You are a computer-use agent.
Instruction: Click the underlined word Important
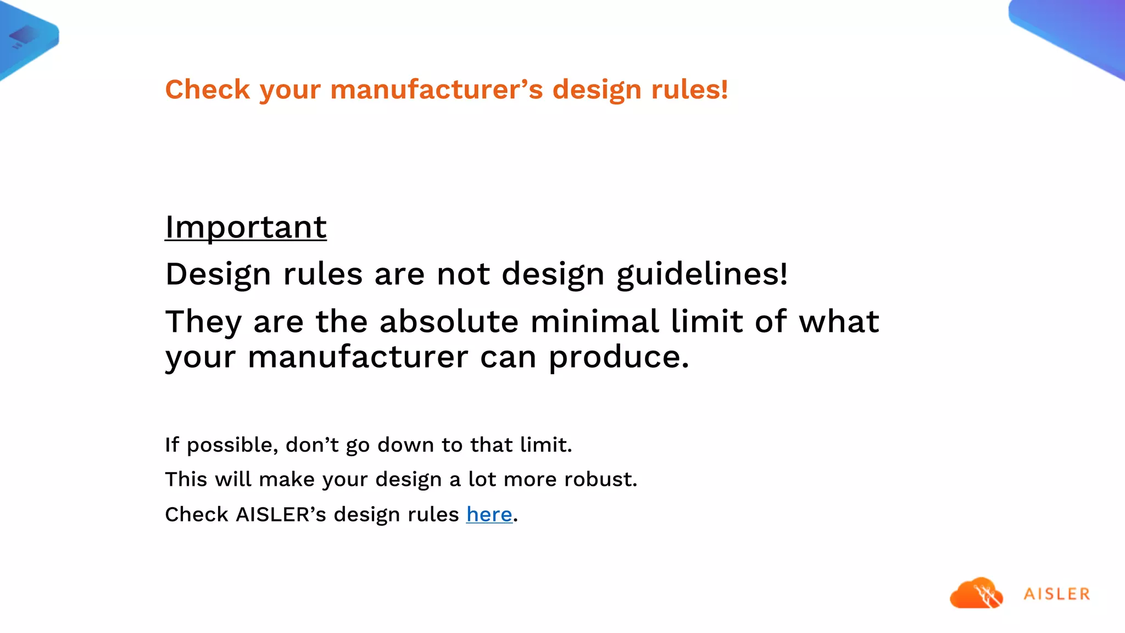(246, 227)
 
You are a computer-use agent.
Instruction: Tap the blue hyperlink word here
(489, 515)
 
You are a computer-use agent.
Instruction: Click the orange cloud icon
(976, 593)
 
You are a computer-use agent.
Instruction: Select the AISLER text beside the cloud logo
(1057, 594)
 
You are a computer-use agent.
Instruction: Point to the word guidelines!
(702, 275)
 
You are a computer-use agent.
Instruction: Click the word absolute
(449, 321)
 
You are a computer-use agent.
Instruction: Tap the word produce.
(619, 358)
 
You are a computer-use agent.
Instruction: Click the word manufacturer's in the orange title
(437, 90)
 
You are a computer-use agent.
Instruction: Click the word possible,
(233, 445)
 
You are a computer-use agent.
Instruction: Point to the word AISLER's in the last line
(281, 515)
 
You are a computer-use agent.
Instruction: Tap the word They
(203, 323)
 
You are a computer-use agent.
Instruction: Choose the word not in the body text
(463, 274)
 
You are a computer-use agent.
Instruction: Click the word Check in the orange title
(208, 90)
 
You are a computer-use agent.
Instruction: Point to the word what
(839, 321)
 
